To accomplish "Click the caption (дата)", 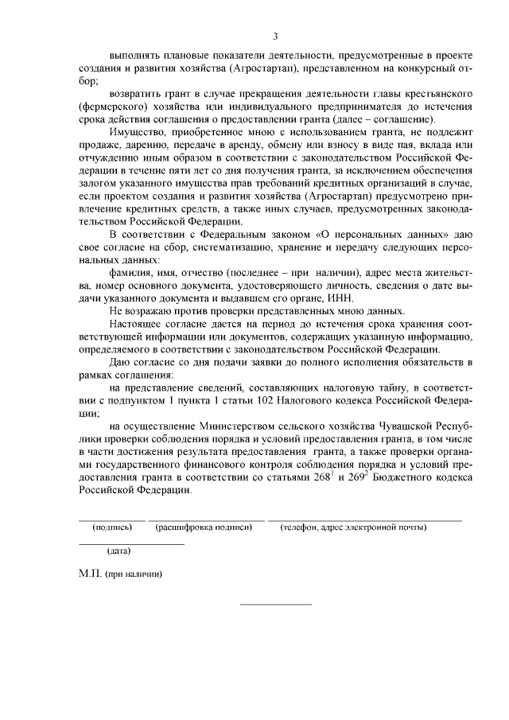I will click(119, 551).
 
